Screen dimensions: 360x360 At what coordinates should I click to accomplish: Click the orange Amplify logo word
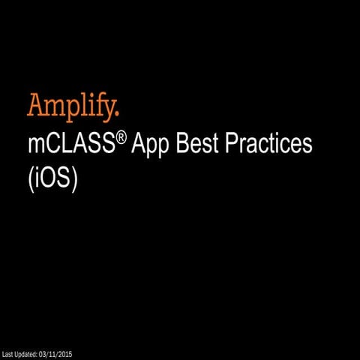click(x=73, y=106)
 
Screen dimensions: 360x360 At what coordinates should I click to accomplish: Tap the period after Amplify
click(x=117, y=114)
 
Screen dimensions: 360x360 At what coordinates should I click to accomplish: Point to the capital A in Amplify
click(x=36, y=105)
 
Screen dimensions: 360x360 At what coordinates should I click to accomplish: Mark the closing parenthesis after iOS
click(x=74, y=181)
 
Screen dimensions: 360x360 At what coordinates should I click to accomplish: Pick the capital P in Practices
click(x=240, y=144)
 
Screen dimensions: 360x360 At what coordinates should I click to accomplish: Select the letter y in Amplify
click(x=109, y=109)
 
